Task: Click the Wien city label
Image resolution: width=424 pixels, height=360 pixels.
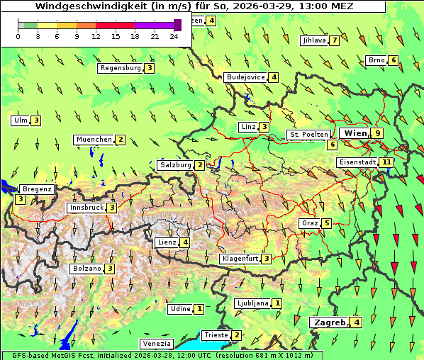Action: [355, 133]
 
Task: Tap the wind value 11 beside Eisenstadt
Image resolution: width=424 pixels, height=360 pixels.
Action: [386, 162]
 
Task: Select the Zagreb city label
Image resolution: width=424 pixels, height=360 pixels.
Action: [330, 322]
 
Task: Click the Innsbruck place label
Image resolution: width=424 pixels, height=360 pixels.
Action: [86, 208]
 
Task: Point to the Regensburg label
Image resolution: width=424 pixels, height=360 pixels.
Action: [121, 68]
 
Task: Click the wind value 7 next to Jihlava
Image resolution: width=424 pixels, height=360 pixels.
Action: [334, 40]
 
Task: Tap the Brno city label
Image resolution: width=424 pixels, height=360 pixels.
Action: [376, 60]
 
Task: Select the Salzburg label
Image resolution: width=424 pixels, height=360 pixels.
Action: [175, 165]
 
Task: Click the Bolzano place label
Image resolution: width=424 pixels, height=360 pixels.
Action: [87, 269]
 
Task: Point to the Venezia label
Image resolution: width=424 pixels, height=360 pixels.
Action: [156, 344]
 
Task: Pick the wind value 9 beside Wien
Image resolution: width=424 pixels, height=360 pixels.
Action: [378, 133]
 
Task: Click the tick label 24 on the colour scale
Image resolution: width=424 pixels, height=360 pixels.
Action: [174, 36]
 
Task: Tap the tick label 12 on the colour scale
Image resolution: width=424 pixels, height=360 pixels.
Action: [96, 36]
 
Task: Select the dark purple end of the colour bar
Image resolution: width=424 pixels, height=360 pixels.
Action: [177, 25]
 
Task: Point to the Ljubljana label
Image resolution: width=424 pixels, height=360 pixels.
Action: [252, 303]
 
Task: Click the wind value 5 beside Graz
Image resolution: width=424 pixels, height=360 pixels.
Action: [326, 223]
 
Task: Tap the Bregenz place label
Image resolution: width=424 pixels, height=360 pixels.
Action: [38, 189]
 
